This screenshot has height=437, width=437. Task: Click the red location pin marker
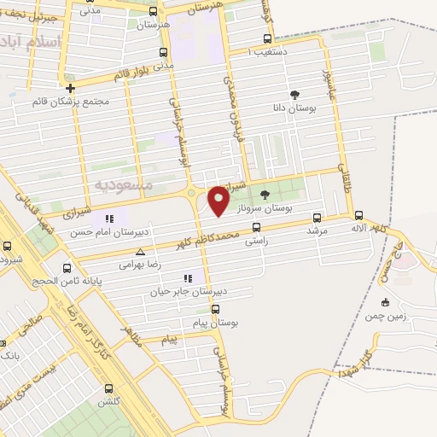click(219, 200)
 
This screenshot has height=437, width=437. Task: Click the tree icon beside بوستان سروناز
click(263, 195)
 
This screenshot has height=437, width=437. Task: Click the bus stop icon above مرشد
click(318, 217)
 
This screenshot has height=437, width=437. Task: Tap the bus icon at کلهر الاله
click(358, 216)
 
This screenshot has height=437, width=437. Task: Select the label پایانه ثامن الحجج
click(67, 279)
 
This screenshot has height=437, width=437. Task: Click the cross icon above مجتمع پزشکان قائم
click(70, 87)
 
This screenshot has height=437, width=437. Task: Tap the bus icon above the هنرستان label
click(153, 12)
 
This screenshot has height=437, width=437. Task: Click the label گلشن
click(108, 401)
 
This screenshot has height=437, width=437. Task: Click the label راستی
click(256, 242)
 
